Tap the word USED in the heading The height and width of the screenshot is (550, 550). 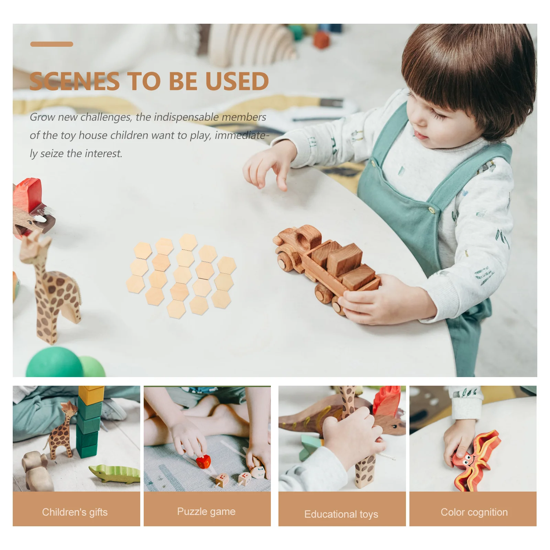(237, 81)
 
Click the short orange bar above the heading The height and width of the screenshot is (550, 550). (52, 44)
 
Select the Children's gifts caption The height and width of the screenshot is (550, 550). (75, 512)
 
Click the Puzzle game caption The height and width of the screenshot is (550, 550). (206, 511)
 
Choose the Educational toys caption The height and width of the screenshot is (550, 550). (341, 514)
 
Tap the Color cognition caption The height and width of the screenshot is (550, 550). (474, 512)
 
